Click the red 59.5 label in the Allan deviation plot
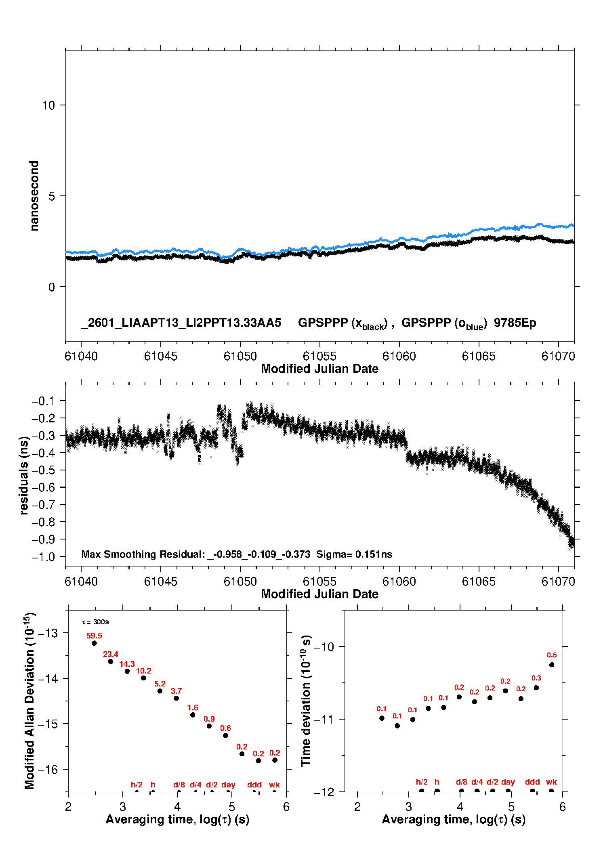tap(94, 636)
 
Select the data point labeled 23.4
tap(111, 661)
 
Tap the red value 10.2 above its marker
tap(143, 671)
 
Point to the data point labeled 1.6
tap(193, 715)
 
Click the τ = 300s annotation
tap(95, 622)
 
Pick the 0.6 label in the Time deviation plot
tap(552, 655)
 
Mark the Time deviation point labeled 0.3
tap(536, 688)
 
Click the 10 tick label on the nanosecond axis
tap(48, 105)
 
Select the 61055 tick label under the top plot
tap(319, 356)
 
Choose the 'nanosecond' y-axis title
tap(34, 196)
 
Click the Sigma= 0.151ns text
tap(354, 554)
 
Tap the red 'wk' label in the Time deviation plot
tap(551, 782)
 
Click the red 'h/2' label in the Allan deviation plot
tap(137, 785)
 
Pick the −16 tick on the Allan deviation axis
tap(48, 770)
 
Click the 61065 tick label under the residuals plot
tap(479, 581)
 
